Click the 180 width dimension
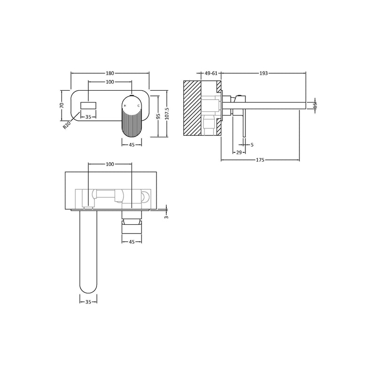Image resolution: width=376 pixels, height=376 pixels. [110, 73]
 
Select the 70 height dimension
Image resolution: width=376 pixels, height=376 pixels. [62, 105]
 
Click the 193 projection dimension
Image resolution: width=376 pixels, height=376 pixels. [263, 73]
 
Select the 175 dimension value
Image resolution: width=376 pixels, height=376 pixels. [260, 160]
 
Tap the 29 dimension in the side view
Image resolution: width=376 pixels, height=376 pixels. [239, 153]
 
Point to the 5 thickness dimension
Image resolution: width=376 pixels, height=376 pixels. [252, 145]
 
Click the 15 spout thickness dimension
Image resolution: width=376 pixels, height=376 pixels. [315, 105]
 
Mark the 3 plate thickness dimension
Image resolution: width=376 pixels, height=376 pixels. [165, 217]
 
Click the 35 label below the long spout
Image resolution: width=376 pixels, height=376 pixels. [88, 303]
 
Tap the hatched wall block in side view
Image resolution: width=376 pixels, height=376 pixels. [192, 108]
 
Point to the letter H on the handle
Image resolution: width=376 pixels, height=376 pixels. [125, 107]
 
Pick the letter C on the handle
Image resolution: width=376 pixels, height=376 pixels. [138, 107]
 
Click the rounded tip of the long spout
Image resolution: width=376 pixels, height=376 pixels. [88, 287]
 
